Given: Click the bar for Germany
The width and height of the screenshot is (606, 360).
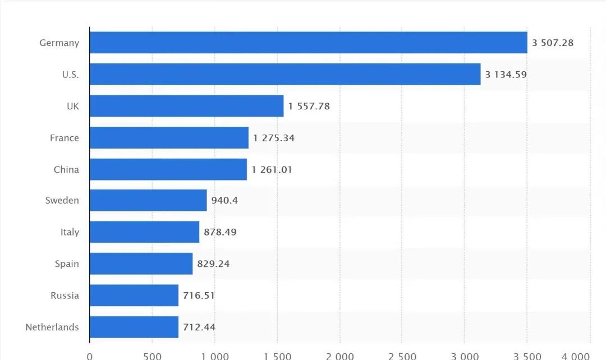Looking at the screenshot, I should click(308, 43).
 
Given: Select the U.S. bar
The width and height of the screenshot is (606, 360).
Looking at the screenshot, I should click(285, 74).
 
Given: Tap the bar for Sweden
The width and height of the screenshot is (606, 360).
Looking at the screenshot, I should click(148, 200).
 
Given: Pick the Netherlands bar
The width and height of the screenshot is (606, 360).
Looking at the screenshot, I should click(134, 327).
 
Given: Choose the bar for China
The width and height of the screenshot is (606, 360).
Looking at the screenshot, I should click(168, 169).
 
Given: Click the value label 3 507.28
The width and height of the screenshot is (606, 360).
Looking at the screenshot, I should click(553, 43).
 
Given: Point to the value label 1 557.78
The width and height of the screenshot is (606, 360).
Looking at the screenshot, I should click(309, 106).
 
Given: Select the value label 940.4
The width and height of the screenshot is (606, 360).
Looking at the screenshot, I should click(224, 200).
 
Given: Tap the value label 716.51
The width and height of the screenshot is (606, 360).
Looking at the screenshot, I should click(199, 296).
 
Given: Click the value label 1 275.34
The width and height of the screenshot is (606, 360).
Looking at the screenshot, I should click(274, 138).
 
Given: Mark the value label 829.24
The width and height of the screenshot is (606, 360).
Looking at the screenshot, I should click(213, 264).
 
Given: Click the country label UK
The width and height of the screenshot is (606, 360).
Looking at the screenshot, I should click(73, 106).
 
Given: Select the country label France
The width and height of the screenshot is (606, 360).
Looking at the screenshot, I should click(65, 138).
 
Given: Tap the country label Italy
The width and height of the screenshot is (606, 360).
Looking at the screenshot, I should click(70, 232).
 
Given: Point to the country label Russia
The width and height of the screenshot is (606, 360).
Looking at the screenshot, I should click(65, 296).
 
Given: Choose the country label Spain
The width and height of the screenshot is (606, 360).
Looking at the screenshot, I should click(67, 264).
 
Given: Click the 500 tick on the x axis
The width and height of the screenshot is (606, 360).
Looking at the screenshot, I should click(152, 356).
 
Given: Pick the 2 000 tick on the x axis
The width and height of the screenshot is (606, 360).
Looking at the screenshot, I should click(340, 356).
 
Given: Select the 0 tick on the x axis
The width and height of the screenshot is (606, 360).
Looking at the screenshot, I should click(90, 356).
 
